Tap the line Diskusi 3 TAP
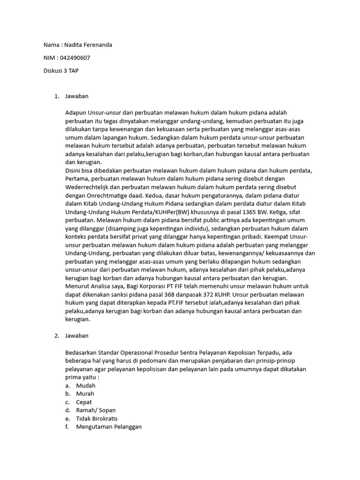[61, 70]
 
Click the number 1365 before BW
[237, 212]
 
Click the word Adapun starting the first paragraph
[77, 113]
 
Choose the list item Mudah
[85, 385]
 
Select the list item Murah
[85, 394]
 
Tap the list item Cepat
[84, 402]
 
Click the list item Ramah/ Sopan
[96, 411]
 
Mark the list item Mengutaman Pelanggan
[109, 427]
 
